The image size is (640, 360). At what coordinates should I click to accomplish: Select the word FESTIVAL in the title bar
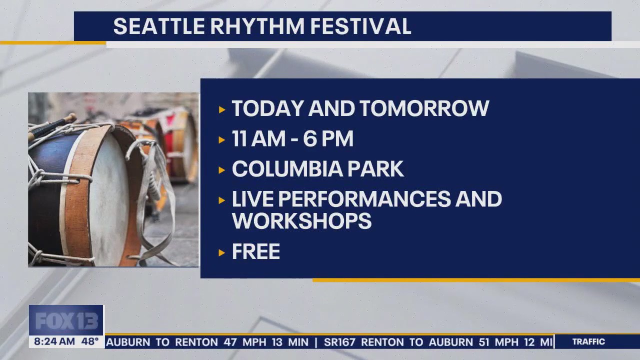coord(360,26)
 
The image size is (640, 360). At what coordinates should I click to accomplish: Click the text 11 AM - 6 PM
coord(292,139)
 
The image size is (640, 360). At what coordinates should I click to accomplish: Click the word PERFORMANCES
coord(364,199)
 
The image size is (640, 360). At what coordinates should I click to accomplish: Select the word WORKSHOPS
coord(301,220)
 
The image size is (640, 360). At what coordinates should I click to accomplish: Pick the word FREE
coord(255,252)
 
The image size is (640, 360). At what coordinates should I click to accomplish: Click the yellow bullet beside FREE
coord(222,252)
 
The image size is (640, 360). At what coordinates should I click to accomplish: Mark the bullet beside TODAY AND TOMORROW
coord(222,109)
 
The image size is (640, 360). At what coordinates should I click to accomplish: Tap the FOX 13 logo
coord(66,320)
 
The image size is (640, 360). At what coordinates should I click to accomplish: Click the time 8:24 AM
coord(54,342)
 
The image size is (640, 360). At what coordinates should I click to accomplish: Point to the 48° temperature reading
coord(90,342)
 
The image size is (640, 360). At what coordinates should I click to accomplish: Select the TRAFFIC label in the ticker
coord(588,342)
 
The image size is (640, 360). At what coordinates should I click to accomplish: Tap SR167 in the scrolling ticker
coord(340,342)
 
